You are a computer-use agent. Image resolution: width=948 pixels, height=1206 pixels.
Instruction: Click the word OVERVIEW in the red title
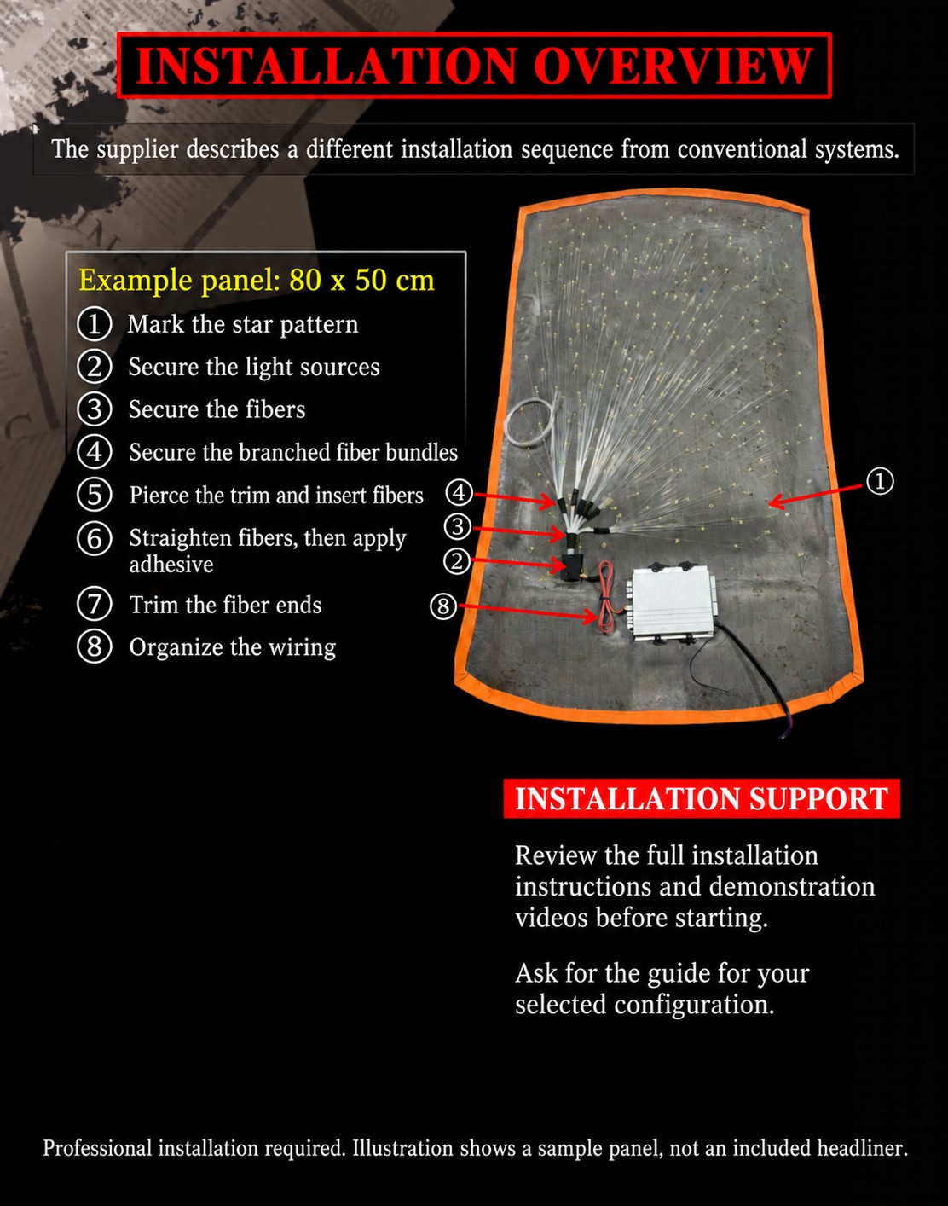673,66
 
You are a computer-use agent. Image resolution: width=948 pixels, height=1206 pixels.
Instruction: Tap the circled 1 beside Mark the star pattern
94,324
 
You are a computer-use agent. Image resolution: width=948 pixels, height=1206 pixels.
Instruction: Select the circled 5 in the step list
94,495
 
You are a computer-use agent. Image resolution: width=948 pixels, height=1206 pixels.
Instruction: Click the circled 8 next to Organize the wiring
94,646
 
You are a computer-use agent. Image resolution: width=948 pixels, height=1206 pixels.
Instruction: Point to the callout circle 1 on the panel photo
880,481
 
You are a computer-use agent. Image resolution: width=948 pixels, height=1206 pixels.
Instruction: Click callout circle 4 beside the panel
459,493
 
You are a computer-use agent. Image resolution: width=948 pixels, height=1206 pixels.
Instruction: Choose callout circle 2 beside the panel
457,561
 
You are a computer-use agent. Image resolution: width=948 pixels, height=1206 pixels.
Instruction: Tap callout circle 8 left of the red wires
444,606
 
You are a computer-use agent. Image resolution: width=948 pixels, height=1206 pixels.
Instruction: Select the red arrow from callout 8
529,612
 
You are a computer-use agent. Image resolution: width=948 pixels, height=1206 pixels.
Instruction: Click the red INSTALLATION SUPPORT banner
702,798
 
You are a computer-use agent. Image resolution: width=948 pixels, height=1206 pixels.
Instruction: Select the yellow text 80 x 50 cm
361,280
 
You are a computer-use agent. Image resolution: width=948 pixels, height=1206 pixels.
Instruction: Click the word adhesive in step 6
171,565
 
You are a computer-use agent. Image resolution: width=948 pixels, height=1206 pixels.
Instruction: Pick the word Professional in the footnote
97,1148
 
